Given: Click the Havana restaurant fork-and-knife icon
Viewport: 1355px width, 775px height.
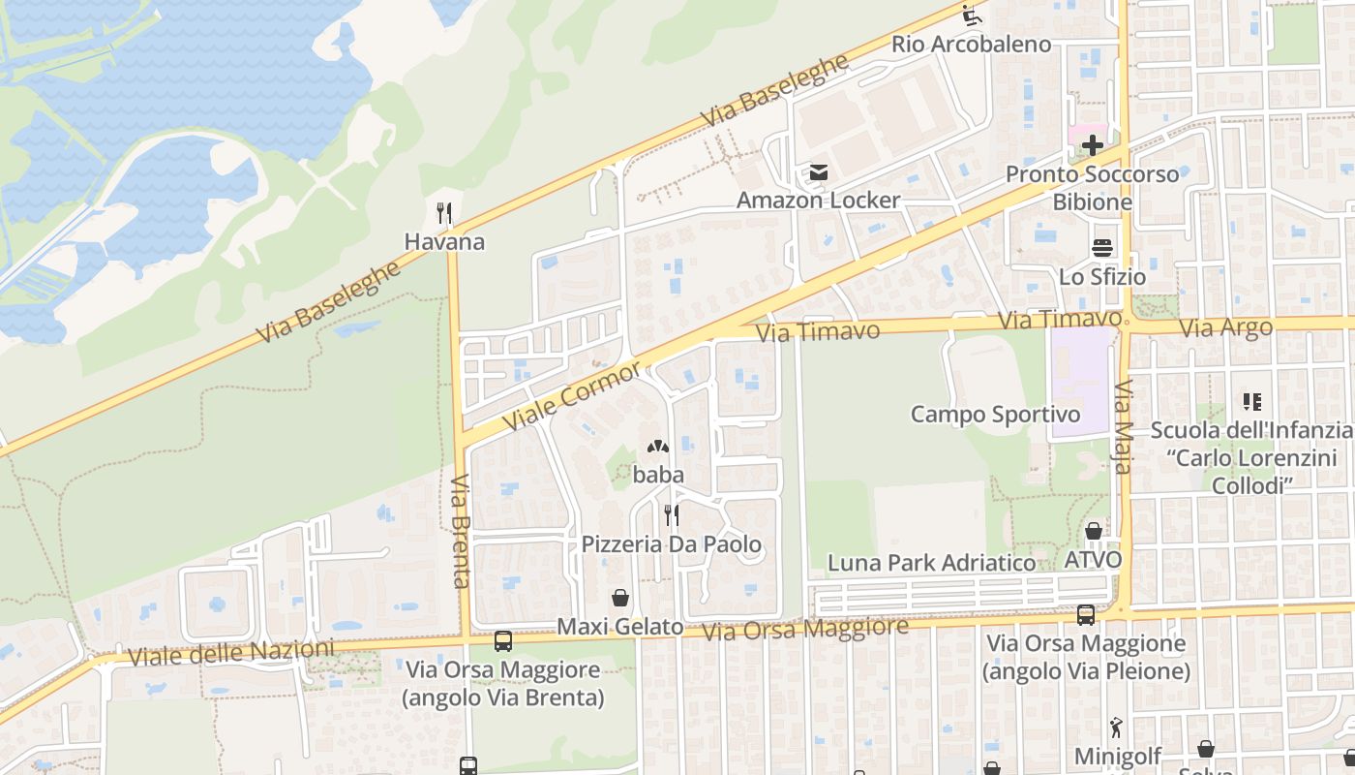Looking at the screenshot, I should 444,213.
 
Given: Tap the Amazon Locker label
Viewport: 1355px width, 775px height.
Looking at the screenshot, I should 818,201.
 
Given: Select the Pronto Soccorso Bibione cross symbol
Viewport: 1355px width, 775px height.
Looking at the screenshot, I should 1093,146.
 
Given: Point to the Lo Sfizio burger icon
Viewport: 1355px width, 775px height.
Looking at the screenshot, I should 1102,248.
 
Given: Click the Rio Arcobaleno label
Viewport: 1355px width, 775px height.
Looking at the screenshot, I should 971,44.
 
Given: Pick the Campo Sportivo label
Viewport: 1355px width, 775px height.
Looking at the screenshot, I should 995,415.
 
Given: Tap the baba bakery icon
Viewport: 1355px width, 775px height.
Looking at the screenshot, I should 658,448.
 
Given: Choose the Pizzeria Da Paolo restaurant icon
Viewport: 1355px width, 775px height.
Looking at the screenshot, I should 671,514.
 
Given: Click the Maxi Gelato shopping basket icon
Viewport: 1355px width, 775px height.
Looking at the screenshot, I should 619,598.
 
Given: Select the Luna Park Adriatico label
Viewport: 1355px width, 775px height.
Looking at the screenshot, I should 931,563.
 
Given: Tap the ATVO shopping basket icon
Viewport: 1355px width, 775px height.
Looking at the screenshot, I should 1093,531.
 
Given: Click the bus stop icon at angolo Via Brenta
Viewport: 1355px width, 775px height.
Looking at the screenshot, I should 503,640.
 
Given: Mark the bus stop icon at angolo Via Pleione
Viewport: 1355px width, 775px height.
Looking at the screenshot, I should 1086,614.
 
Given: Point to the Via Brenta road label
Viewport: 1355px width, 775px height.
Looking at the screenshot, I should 461,531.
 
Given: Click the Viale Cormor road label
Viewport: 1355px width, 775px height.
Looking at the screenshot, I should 572,397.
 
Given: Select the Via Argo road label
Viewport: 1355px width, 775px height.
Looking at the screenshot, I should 1226,328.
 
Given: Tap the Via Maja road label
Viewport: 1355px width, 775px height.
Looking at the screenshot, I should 1123,427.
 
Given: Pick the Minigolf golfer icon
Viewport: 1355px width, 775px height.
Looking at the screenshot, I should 1117,728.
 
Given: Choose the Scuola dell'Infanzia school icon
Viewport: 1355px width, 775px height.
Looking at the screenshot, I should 1252,401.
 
